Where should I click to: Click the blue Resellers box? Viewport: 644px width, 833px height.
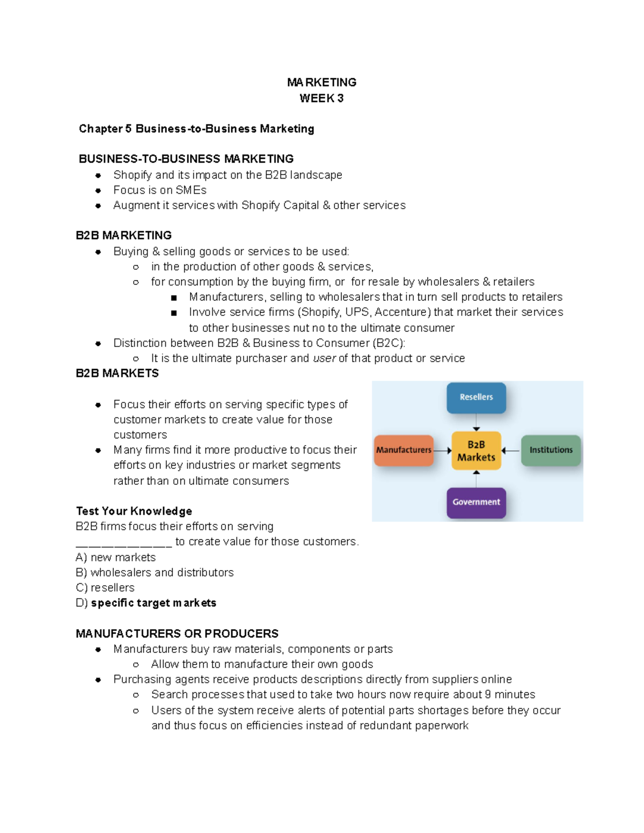[x=476, y=397]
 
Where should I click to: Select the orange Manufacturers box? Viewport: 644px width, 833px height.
[x=404, y=450]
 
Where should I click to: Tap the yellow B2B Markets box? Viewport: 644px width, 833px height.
[x=476, y=451]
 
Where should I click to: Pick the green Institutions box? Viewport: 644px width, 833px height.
[x=551, y=450]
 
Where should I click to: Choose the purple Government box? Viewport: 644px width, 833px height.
[x=476, y=502]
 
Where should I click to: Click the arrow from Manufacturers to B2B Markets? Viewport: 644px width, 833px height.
[x=442, y=451]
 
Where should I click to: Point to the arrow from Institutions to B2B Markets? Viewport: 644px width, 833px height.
[x=510, y=451]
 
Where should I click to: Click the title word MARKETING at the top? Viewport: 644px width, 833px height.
[x=321, y=83]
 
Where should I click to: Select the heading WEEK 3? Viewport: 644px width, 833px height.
[x=321, y=99]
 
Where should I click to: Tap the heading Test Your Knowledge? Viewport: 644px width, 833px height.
[x=134, y=511]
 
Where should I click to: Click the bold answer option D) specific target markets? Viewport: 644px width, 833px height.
[x=146, y=603]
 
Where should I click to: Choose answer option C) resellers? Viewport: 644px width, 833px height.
[x=105, y=588]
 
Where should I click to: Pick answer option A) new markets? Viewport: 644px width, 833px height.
[x=116, y=557]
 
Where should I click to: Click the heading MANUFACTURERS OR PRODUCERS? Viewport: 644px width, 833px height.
[x=177, y=634]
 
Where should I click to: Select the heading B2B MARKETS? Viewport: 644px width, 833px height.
[x=118, y=373]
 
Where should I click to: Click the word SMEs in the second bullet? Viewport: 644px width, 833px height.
[x=191, y=190]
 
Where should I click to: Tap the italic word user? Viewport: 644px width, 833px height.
[x=324, y=358]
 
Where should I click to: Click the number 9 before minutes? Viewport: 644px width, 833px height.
[x=488, y=695]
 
